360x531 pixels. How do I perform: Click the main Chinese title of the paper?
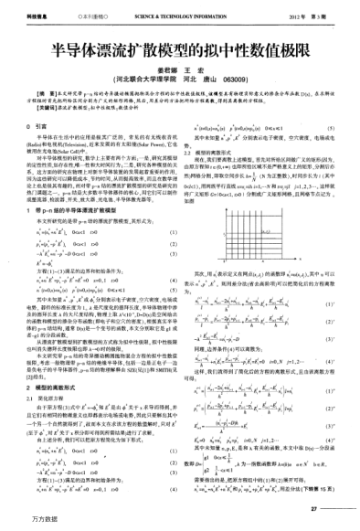pos(180,49)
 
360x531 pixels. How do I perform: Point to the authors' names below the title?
pos(180,68)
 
